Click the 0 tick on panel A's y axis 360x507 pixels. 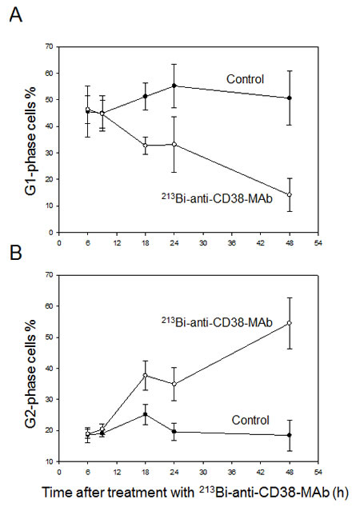coord(52,232)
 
